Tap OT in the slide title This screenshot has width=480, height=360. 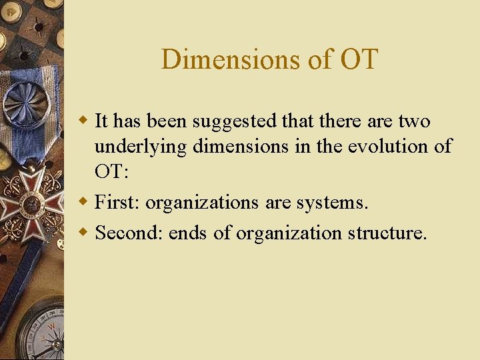[x=359, y=59]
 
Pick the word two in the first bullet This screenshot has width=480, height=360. [x=415, y=121]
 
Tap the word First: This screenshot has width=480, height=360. [x=117, y=202]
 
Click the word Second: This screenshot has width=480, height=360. [x=129, y=233]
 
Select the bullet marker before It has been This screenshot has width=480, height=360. [x=83, y=121]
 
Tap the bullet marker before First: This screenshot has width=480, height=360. [x=83, y=201]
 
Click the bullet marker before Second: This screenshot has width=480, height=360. [x=83, y=233]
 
